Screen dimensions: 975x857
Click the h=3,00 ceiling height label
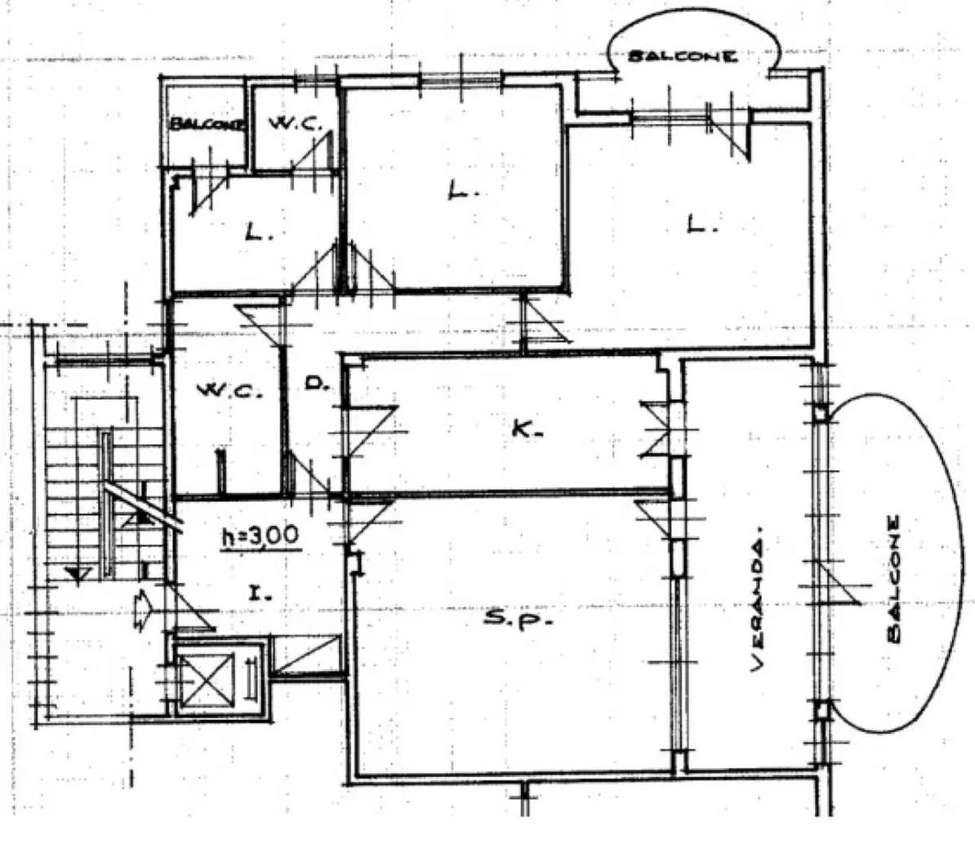coord(261,537)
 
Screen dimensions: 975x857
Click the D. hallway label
coord(317,384)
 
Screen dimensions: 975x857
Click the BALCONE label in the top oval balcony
coord(683,56)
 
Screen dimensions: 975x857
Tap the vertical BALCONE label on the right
coord(894,579)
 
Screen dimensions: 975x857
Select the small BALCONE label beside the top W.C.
coord(207,124)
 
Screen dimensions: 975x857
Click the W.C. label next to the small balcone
coord(296,123)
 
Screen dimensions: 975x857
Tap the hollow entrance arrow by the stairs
coord(142,611)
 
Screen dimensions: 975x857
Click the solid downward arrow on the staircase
coord(78,575)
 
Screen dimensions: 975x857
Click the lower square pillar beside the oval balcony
coord(822,709)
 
